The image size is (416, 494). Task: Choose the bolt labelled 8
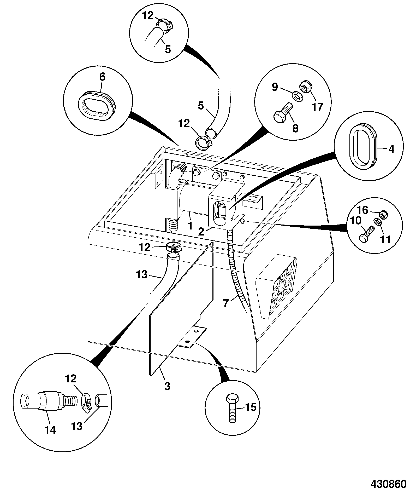[x=284, y=111]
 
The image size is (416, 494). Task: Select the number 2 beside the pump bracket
[x=201, y=232]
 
